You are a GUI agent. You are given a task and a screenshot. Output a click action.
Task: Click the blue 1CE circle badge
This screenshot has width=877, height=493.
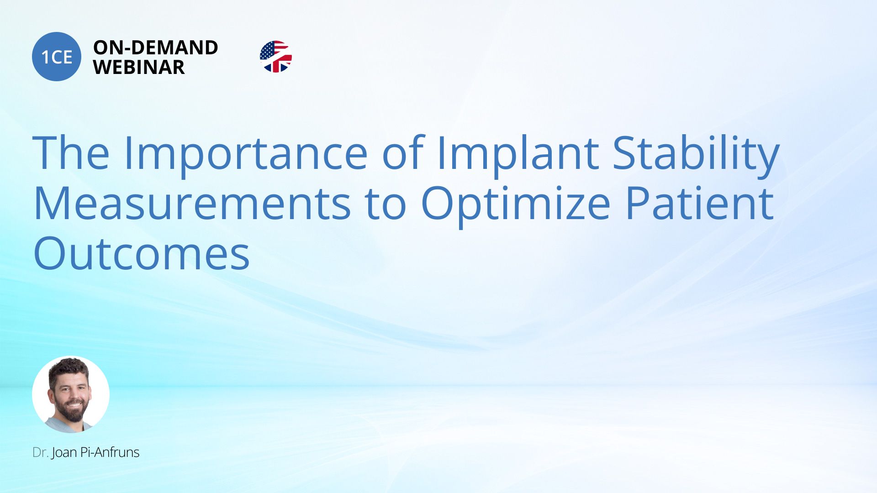point(57,57)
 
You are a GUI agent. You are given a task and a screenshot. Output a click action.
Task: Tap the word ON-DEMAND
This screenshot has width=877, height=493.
point(155,47)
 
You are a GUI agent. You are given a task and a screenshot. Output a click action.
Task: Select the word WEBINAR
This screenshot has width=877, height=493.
point(139,67)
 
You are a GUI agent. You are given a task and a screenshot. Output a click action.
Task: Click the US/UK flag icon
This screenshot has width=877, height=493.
point(276,57)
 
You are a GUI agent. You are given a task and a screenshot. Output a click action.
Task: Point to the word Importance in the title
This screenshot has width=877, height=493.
point(245,154)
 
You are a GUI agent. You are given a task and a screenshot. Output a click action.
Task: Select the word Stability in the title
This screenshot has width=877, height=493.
point(696,154)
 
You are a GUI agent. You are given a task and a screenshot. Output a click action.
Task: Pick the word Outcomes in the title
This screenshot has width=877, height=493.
point(142,253)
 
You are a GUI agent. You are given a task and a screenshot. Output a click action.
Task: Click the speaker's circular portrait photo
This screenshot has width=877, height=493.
point(71,394)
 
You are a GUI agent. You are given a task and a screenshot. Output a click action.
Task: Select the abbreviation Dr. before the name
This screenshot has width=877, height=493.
point(41,452)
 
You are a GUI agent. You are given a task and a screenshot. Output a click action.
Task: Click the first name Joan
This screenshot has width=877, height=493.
point(64,452)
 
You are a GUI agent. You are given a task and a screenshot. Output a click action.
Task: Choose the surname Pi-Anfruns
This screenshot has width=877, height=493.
point(110,452)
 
